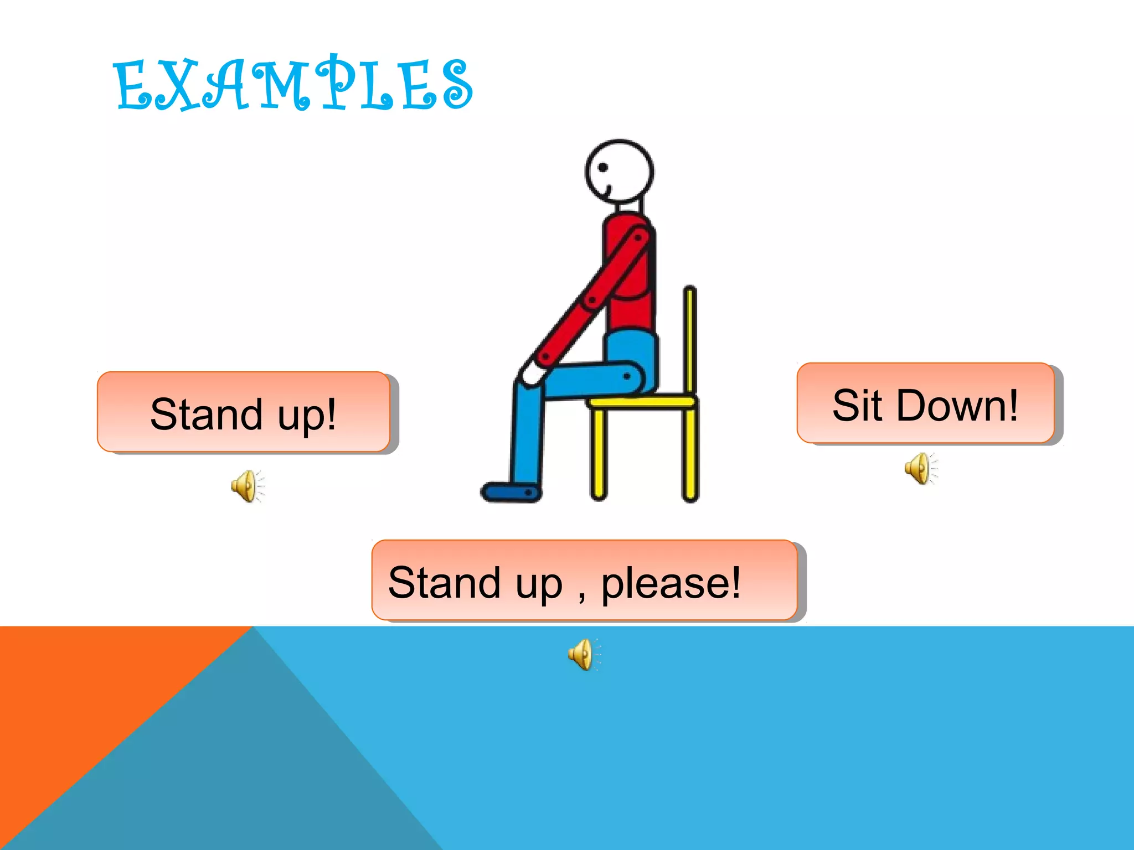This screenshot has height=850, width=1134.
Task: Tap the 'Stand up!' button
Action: coord(244,412)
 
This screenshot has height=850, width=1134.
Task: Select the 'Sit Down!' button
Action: coord(925,403)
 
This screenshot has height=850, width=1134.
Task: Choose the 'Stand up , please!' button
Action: coord(584,581)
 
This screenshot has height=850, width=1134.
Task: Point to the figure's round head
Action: coord(620,172)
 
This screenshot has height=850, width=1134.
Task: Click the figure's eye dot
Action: coord(604,167)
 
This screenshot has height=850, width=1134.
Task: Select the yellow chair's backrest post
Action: coord(690,338)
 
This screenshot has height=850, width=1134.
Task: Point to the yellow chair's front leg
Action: coord(598,454)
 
